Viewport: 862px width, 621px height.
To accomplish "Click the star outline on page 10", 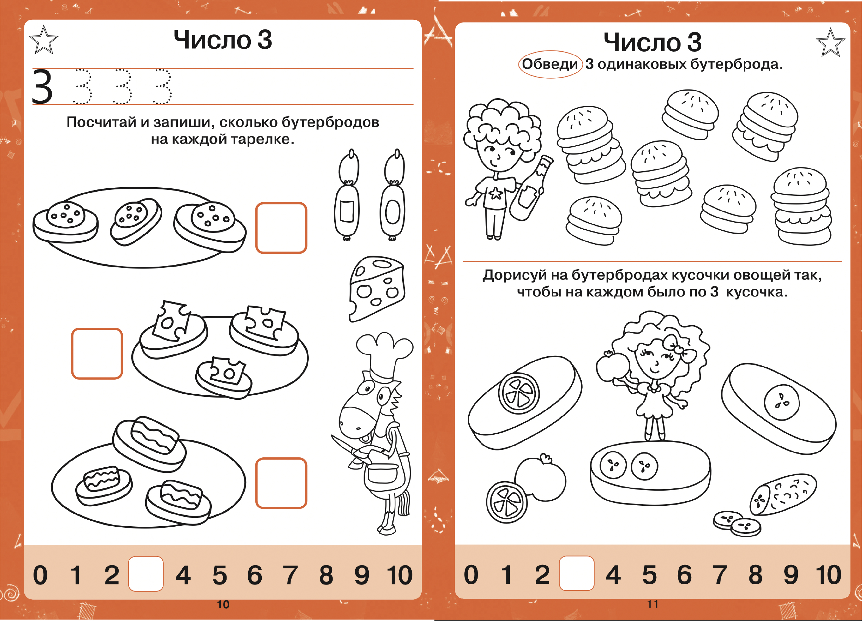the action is [x=44, y=40].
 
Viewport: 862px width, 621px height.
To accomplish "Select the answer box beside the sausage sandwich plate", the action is [x=281, y=228].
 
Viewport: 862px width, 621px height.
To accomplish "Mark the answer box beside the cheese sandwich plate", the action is [x=97, y=353].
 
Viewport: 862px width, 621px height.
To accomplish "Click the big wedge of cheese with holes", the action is [x=376, y=289].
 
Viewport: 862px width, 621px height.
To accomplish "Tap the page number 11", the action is [x=652, y=604].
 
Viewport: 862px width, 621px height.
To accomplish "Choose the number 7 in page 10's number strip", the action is [x=290, y=574].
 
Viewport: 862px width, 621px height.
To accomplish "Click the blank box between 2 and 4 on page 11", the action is [x=577, y=573].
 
